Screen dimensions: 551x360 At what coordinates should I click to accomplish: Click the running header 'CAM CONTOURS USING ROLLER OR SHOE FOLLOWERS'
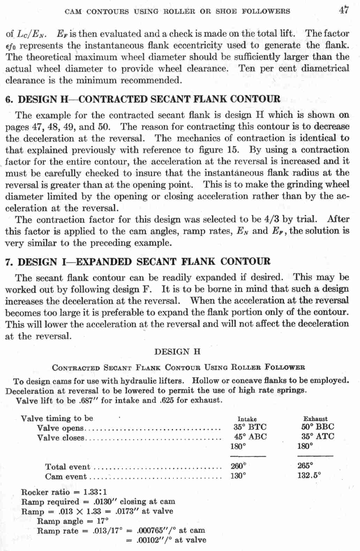[177, 12]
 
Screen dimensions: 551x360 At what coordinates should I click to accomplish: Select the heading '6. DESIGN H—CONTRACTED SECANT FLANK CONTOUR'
[143, 99]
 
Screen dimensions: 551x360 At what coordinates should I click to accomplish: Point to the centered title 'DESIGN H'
[177, 352]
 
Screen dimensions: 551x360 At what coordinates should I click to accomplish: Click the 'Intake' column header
[247, 419]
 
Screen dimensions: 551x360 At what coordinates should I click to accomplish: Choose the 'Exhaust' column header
[315, 418]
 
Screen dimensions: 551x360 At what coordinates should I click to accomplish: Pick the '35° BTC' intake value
[250, 427]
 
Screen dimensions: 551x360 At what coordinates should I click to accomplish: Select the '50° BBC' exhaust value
[317, 427]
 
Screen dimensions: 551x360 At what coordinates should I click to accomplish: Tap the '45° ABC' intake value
[250, 437]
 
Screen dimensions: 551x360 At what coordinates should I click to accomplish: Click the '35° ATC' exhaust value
[317, 436]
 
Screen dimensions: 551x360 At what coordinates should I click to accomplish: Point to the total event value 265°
[305, 465]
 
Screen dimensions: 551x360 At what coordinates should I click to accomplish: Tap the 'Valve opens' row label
[60, 428]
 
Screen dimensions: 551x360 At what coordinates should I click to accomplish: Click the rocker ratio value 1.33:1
[95, 492]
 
